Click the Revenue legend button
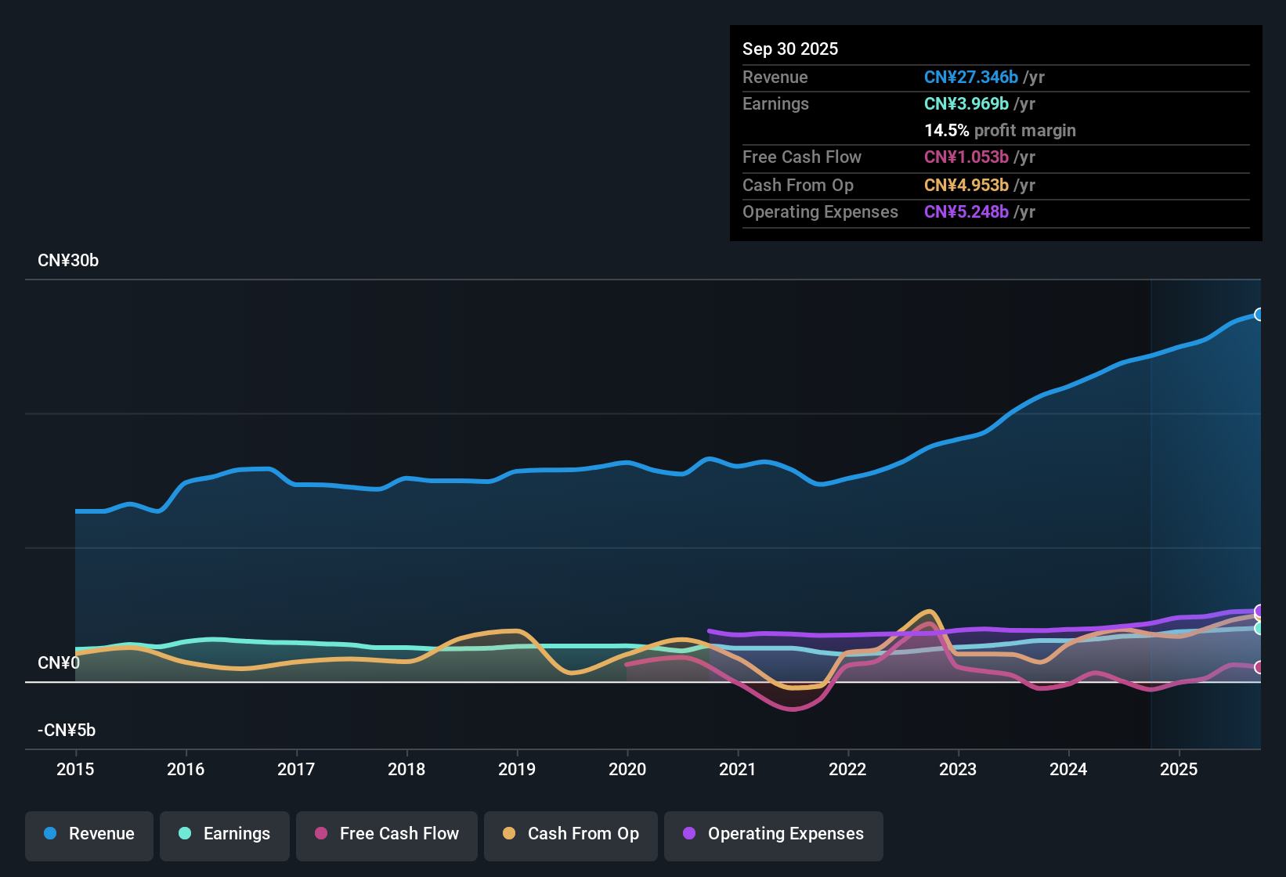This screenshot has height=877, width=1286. (x=89, y=834)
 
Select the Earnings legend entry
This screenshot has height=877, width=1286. (x=224, y=834)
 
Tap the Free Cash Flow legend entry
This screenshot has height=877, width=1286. (x=387, y=834)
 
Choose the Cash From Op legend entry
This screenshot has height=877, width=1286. (x=571, y=834)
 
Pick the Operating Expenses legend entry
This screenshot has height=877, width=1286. (x=773, y=834)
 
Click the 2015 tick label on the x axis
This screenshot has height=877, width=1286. (x=75, y=769)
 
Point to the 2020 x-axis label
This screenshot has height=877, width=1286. (x=627, y=769)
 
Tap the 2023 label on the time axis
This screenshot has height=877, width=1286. (x=958, y=769)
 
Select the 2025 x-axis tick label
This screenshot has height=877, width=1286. (x=1179, y=769)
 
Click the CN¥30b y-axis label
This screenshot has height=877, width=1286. (x=68, y=261)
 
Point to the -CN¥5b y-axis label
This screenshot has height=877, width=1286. (x=67, y=731)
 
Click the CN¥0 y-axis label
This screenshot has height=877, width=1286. (x=59, y=663)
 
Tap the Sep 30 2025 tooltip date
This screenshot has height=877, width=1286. (x=790, y=49)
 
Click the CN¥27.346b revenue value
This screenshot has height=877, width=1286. (x=971, y=77)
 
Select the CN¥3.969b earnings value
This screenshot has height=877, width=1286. (x=966, y=104)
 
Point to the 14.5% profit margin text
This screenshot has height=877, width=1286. (x=999, y=131)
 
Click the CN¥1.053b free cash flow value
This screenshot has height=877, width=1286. (x=966, y=157)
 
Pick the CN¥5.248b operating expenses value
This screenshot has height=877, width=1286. (x=966, y=212)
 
